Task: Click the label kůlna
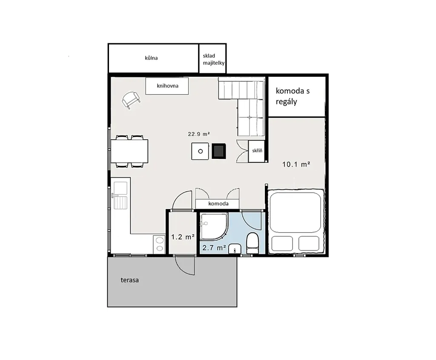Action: (x=151, y=58)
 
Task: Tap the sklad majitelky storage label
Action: (x=214, y=59)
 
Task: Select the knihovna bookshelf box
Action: (x=167, y=86)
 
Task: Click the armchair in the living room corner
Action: (x=131, y=100)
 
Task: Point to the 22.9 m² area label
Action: (x=198, y=134)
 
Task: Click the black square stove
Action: (x=219, y=151)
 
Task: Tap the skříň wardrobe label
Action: (x=257, y=150)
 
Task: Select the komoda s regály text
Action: (x=293, y=96)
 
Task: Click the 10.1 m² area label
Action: (x=296, y=164)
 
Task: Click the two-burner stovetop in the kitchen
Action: (x=159, y=244)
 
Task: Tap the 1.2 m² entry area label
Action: (x=182, y=237)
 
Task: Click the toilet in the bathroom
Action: (x=252, y=243)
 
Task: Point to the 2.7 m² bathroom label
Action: (x=214, y=248)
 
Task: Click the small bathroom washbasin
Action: (x=235, y=248)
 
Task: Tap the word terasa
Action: (x=129, y=280)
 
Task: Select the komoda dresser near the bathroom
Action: (x=218, y=204)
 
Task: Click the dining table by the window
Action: (x=129, y=151)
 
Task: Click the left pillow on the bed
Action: (x=282, y=243)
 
